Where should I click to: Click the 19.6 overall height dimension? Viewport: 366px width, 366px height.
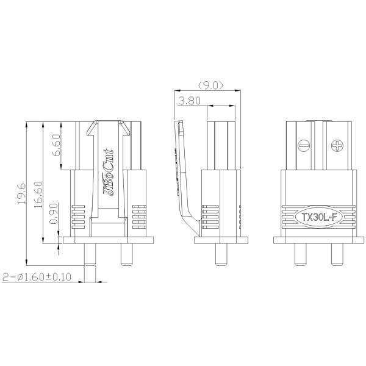click(20, 193)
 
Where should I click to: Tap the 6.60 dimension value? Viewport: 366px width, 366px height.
click(56, 146)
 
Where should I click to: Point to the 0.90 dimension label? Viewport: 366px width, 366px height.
click(54, 215)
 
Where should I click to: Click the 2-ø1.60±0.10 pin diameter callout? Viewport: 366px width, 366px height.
click(38, 278)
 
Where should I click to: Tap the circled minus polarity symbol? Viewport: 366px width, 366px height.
click(303, 146)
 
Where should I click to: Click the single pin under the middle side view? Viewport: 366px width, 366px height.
click(221, 254)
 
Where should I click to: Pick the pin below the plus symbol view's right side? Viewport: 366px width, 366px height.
click(337, 254)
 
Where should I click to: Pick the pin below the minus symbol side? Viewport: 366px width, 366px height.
click(300, 254)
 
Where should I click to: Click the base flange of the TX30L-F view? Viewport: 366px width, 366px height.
click(318, 240)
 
